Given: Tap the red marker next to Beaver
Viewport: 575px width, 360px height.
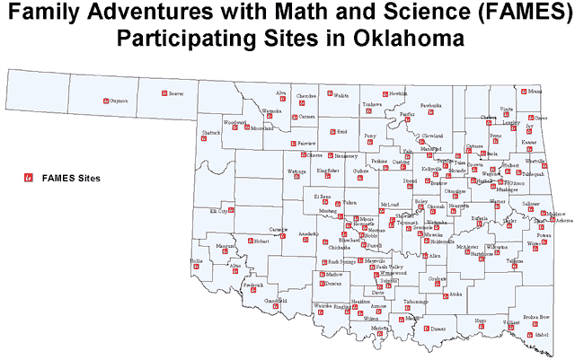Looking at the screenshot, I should pyautogui.click(x=163, y=93).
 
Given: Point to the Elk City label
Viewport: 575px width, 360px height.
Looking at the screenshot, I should pyautogui.click(x=218, y=211).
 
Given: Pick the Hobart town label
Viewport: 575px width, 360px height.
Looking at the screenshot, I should pyautogui.click(x=261, y=241).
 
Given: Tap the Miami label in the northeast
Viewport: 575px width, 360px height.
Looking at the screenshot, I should pyautogui.click(x=535, y=92).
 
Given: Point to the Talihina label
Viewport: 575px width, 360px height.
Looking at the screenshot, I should pyautogui.click(x=514, y=260).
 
